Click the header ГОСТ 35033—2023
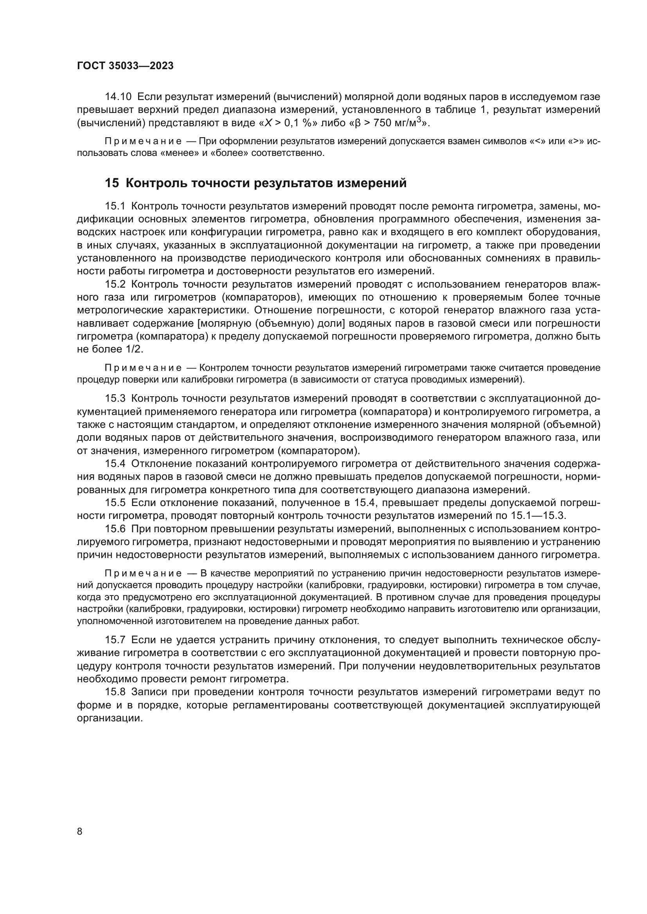point(125,66)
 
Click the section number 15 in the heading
point(111,183)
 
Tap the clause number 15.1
point(115,206)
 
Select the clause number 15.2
point(115,284)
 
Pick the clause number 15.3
point(115,399)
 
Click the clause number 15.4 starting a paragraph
point(115,464)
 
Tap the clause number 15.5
point(115,503)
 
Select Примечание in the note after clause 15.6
point(143,574)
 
